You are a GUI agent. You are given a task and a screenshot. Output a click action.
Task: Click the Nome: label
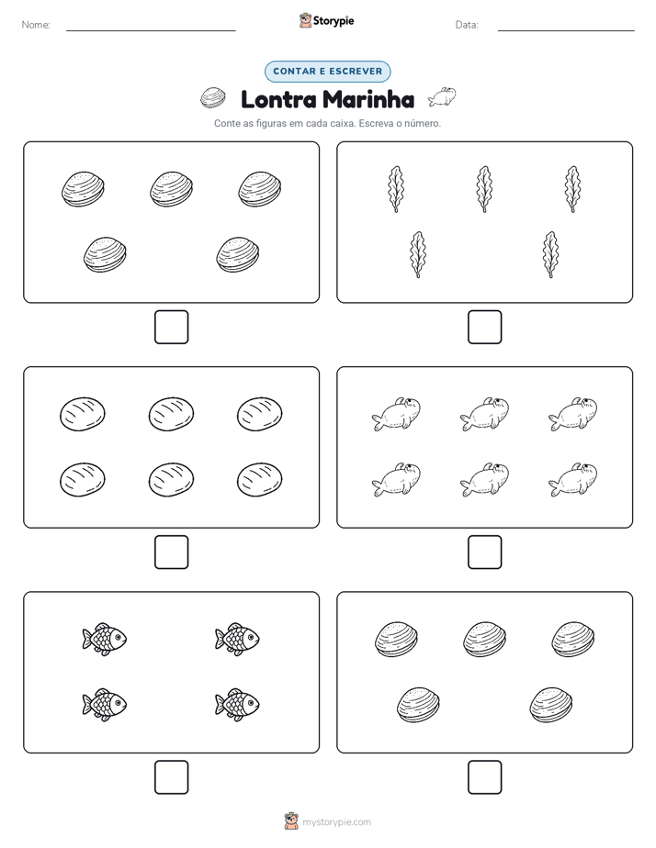[36, 25]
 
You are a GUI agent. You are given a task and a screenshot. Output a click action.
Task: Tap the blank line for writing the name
[151, 30]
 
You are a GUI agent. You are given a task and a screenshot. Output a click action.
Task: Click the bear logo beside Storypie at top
[305, 20]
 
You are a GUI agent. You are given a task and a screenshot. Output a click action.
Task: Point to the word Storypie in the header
[334, 21]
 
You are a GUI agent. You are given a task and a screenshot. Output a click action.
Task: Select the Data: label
[467, 25]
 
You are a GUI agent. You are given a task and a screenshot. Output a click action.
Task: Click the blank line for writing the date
[566, 30]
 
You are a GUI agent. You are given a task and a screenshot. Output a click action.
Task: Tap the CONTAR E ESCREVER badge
[327, 72]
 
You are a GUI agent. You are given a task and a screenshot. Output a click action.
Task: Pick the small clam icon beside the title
[213, 98]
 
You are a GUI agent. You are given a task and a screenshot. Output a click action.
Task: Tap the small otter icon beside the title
[442, 97]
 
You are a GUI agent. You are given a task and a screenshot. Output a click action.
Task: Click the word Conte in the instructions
[226, 123]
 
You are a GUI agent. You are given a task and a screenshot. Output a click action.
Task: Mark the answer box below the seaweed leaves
[484, 328]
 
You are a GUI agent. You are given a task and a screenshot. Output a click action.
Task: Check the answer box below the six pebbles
[172, 552]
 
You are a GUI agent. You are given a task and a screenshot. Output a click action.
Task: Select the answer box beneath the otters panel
[484, 552]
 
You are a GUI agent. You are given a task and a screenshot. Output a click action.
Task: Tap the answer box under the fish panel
[172, 777]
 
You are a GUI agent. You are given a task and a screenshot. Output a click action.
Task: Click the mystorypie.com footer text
[336, 822]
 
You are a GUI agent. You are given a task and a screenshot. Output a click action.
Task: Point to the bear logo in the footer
[291, 821]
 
